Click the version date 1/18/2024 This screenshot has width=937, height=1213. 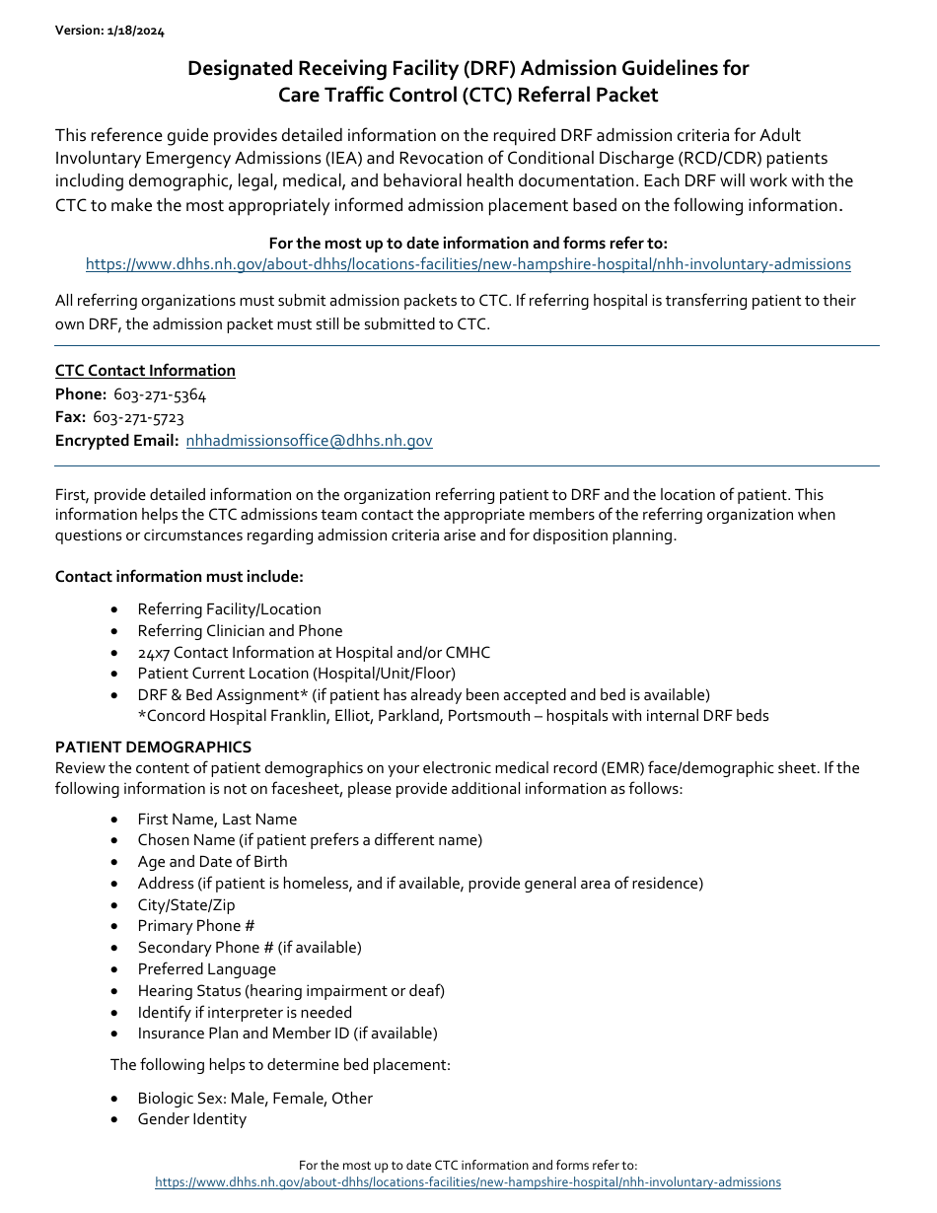[x=136, y=31]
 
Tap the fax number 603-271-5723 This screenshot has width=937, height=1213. [x=138, y=417]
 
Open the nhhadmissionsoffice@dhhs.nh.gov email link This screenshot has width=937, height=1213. [x=309, y=441]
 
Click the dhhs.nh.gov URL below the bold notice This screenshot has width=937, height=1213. [x=468, y=264]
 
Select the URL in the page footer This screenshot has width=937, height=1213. [x=468, y=1181]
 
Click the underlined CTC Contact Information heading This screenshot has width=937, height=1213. [x=145, y=371]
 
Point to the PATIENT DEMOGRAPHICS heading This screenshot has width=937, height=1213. [x=153, y=747]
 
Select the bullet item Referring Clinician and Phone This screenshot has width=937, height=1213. [x=240, y=631]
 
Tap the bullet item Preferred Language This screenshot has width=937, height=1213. [x=206, y=969]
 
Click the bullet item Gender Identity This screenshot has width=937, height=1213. [x=191, y=1119]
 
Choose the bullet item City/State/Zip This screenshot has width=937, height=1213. [x=185, y=905]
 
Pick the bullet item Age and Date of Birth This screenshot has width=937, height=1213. [x=212, y=862]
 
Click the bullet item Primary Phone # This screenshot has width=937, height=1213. [x=195, y=926]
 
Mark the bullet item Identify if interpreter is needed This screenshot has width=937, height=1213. [x=244, y=1013]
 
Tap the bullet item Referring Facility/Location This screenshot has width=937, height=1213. [x=229, y=609]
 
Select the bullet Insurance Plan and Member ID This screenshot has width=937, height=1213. [x=287, y=1034]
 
